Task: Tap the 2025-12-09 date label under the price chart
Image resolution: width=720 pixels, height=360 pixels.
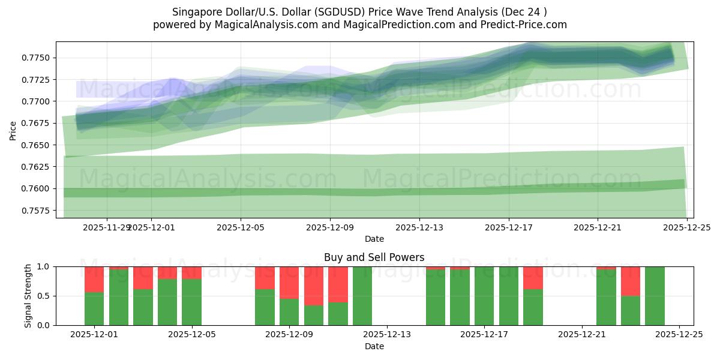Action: click(329, 227)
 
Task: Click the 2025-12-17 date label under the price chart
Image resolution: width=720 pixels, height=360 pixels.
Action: click(508, 227)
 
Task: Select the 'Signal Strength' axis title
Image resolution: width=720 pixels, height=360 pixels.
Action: click(28, 296)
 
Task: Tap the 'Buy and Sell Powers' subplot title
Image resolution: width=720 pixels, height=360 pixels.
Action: click(374, 257)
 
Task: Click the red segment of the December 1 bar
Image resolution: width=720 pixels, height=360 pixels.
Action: click(94, 279)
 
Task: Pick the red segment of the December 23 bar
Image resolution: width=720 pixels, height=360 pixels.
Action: click(630, 281)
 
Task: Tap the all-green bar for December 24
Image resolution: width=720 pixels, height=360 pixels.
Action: click(655, 296)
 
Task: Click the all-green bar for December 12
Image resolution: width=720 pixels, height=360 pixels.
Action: click(362, 296)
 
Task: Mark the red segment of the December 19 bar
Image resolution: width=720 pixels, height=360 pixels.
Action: click(533, 277)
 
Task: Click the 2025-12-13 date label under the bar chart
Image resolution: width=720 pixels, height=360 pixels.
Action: click(387, 335)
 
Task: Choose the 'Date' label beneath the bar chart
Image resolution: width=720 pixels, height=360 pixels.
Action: click(374, 346)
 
